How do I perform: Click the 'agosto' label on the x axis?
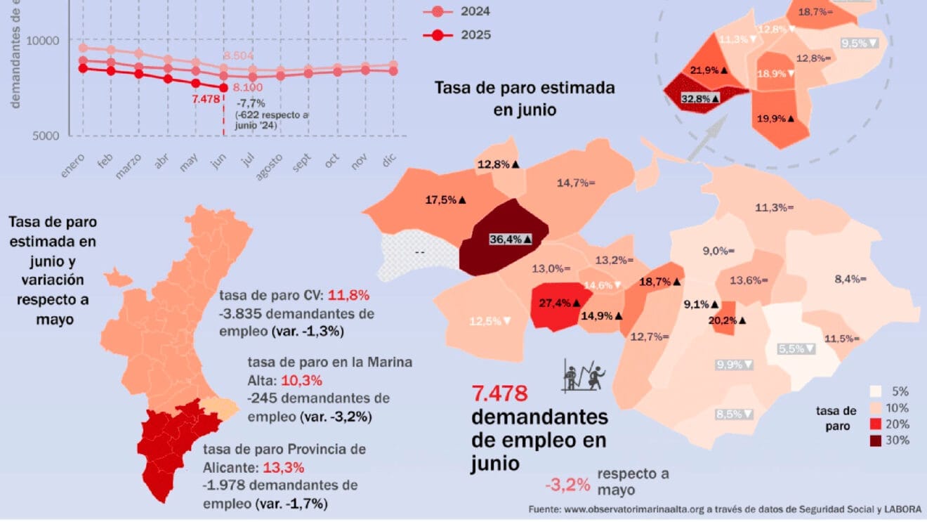pos(270,167)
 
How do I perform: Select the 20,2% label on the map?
pos(726,320)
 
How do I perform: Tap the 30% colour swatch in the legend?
pos(877,441)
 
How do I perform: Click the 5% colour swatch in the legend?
pos(877,392)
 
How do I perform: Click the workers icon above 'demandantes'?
pos(583,374)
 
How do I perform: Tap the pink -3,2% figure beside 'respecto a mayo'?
pos(567,484)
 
